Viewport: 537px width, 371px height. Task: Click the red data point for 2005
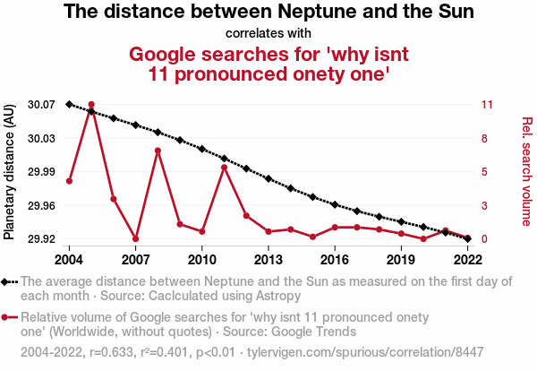91,105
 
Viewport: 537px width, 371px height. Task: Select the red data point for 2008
158,151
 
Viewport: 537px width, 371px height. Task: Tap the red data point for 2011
224,168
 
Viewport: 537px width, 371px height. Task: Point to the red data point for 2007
135,238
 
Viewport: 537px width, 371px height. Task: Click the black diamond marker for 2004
69,104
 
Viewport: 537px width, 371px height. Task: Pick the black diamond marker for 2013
268,178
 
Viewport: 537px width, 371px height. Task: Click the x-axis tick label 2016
335,260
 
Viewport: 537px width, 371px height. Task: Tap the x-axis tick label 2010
202,260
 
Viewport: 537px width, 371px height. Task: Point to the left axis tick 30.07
42,105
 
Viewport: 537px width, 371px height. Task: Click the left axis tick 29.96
42,205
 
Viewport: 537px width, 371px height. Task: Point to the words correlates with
268,33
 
